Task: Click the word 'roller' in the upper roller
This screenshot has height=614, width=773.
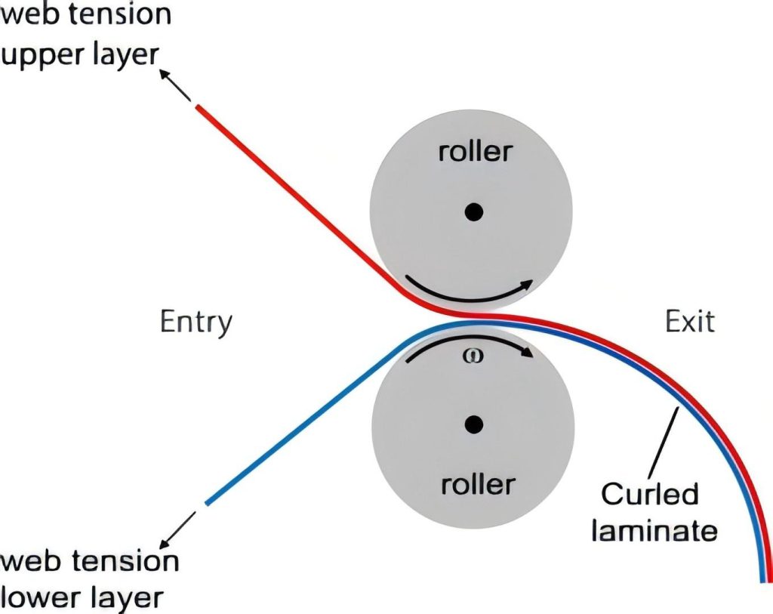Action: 475,152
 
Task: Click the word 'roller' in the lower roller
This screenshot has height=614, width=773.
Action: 476,483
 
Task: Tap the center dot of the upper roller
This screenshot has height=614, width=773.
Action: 473,213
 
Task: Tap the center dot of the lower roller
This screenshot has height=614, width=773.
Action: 474,425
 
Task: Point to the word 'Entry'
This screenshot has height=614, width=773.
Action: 196,322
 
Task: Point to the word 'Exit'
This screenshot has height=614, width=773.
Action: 689,322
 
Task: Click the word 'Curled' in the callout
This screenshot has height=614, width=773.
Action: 650,495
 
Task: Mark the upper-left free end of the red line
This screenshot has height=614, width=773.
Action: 198,108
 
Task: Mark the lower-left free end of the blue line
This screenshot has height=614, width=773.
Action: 207,503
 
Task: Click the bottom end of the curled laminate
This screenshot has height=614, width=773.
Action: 762,580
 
